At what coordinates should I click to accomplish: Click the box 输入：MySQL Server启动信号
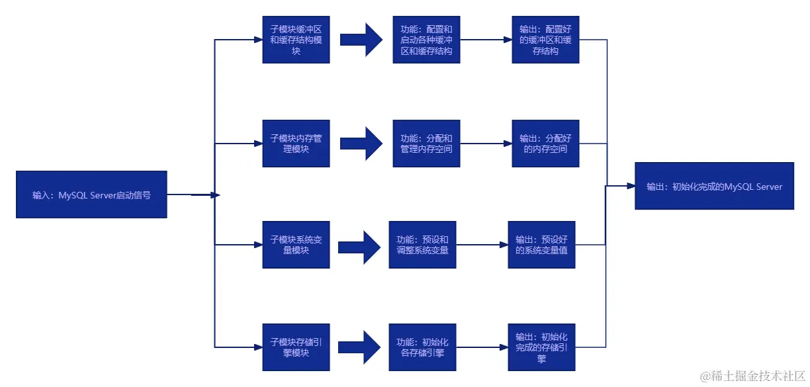91,194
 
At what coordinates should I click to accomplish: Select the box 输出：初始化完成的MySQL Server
714,186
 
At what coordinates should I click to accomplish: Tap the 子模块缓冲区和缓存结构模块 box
296,40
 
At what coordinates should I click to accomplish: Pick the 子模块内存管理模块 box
296,144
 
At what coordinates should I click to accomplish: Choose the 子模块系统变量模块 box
296,244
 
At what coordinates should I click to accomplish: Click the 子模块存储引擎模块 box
296,347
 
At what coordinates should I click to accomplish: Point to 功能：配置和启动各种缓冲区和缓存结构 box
426,40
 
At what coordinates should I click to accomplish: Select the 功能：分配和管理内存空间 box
426,144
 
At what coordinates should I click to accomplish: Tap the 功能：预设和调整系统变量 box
422,244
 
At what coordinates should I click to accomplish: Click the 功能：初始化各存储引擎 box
422,347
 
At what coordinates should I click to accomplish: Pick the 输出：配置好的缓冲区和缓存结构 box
545,40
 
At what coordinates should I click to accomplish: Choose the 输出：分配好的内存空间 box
545,144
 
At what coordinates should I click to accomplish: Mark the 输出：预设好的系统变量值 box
541,244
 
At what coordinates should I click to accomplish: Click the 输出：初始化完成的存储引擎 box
541,347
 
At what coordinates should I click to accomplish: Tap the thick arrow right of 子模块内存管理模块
361,144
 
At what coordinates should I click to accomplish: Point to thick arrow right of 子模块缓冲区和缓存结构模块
361,40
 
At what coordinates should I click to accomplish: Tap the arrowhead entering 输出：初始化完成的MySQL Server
631,187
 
